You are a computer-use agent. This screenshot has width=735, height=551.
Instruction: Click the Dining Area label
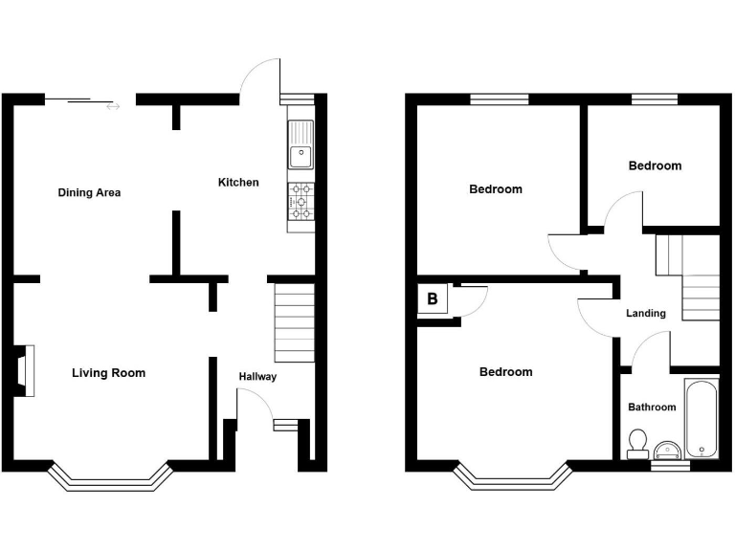(89, 192)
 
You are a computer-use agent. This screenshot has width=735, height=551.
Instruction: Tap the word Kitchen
(238, 182)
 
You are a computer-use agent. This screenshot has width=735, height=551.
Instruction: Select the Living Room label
(108, 372)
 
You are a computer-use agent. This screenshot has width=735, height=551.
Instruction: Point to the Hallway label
(257, 376)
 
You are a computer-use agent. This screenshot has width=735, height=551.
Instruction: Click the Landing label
(646, 313)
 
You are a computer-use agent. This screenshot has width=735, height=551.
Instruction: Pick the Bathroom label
(652, 407)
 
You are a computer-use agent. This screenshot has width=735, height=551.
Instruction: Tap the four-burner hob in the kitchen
(301, 201)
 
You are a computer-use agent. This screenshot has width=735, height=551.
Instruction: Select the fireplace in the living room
(24, 371)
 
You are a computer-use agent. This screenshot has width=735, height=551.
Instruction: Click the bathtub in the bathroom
(701, 419)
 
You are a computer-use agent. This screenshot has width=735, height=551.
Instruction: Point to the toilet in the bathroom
(636, 442)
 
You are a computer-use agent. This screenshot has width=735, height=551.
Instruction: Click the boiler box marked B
(433, 299)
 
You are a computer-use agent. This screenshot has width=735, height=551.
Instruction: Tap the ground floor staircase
(294, 321)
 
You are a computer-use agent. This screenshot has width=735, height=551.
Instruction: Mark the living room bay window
(108, 478)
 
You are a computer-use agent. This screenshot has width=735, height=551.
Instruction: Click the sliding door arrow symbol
(114, 106)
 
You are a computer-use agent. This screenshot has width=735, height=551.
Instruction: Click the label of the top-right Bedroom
(655, 165)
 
